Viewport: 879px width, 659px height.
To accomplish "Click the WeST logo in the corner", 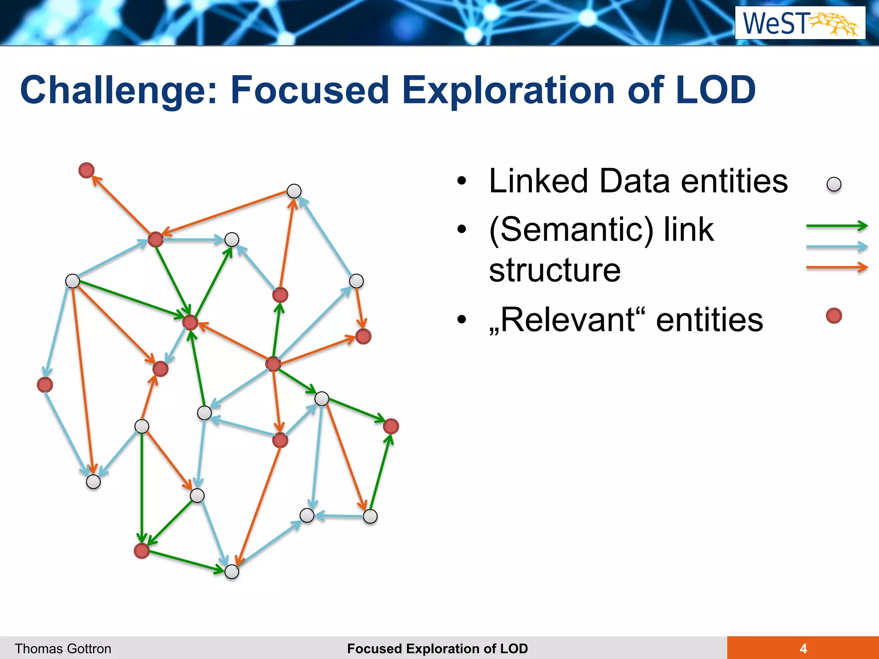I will click(800, 23).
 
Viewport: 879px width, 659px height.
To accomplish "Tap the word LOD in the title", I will click(715, 91).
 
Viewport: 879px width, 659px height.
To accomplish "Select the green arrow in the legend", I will click(837, 226).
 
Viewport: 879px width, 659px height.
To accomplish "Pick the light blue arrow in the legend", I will click(837, 247).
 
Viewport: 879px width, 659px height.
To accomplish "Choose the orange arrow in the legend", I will click(837, 267).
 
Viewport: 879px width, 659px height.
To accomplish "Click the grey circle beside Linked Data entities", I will click(834, 184).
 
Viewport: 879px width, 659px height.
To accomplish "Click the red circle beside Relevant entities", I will click(834, 316).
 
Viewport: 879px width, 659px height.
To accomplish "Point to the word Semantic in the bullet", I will click(571, 230).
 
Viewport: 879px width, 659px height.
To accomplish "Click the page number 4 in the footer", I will click(803, 648).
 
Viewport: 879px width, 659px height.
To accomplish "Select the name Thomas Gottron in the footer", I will click(63, 649).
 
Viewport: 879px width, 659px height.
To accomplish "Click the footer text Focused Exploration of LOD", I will click(437, 649).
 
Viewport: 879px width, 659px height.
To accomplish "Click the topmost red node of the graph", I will click(86, 170).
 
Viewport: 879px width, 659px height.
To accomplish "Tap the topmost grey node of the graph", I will click(294, 191).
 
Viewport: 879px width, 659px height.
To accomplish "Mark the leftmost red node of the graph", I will click(45, 385).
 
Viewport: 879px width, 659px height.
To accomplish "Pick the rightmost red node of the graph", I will click(391, 426).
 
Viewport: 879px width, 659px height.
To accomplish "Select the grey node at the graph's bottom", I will click(232, 571).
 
